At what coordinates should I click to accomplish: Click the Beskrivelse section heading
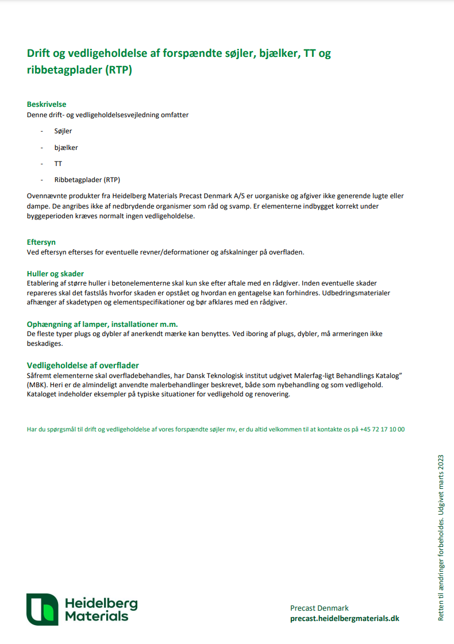tap(47, 105)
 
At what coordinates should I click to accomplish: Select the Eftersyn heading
tap(41, 242)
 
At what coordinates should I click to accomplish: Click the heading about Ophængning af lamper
tap(102, 324)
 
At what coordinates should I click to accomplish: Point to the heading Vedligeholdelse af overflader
tap(83, 365)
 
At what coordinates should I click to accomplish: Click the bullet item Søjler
tap(63, 131)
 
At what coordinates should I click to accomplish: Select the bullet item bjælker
tap(66, 148)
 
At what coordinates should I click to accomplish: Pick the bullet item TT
tap(58, 164)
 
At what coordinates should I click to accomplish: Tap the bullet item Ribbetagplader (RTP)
tap(87, 180)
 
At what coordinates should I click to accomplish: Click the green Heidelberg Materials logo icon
tap(42, 610)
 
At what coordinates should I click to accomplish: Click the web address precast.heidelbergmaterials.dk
tap(345, 618)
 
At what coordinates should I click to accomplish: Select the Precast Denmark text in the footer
tap(320, 608)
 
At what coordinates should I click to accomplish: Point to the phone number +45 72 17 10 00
tap(382, 429)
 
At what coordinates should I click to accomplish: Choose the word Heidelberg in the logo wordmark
tap(101, 603)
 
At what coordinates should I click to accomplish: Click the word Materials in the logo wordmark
tap(97, 616)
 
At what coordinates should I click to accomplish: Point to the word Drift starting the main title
tap(40, 54)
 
